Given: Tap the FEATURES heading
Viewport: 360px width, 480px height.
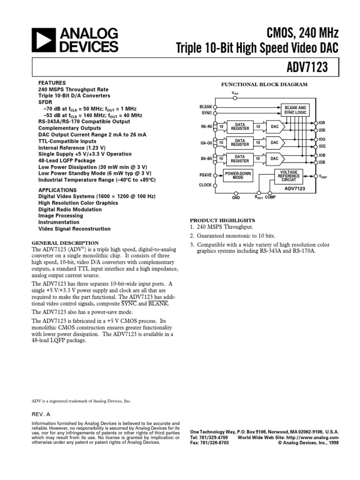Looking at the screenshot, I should tap(49, 82).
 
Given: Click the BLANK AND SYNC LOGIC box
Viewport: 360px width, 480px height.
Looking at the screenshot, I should tap(295, 110).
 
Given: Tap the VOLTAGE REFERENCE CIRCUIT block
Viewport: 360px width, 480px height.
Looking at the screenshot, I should tap(289, 176).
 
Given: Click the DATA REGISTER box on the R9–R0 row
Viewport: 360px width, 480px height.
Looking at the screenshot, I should tap(240, 127).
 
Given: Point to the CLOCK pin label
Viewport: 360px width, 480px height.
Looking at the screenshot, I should tap(205, 185).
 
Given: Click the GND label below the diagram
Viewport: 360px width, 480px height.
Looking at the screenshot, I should tap(236, 198).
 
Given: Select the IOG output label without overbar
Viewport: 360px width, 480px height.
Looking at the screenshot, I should tap(322, 139).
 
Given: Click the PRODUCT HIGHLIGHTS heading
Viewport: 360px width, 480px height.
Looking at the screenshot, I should tap(222, 220).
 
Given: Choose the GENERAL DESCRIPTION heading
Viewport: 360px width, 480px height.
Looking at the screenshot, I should tap(65, 242).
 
